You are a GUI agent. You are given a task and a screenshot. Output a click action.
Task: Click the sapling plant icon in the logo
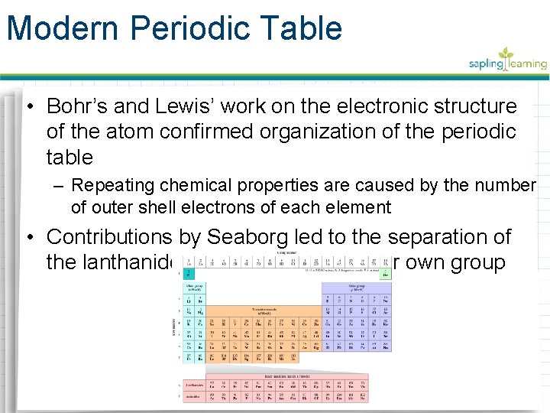click(506, 55)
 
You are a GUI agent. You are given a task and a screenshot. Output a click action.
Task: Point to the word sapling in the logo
click(487, 64)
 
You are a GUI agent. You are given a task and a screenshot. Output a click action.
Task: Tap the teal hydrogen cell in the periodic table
click(187, 274)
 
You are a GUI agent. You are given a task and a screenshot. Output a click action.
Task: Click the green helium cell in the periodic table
click(386, 274)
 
